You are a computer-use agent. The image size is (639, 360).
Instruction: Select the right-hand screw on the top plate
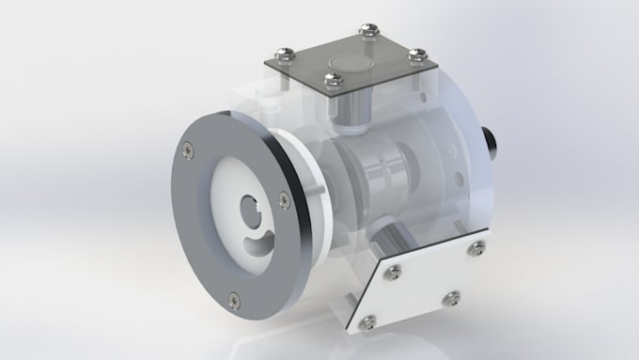pos(419,54)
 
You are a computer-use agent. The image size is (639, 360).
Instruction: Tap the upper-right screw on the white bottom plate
pos(479,247)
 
